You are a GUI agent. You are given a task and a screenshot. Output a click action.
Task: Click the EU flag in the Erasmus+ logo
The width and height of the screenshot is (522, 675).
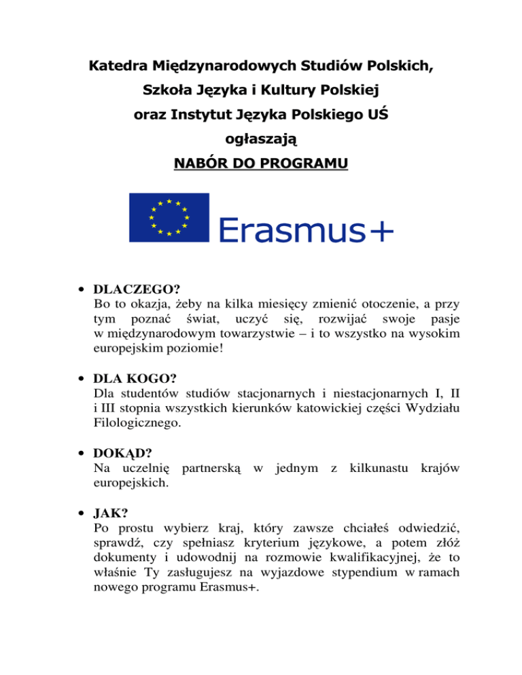coord(169,217)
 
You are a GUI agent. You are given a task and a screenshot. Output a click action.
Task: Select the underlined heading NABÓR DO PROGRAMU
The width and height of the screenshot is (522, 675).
coord(260,164)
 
